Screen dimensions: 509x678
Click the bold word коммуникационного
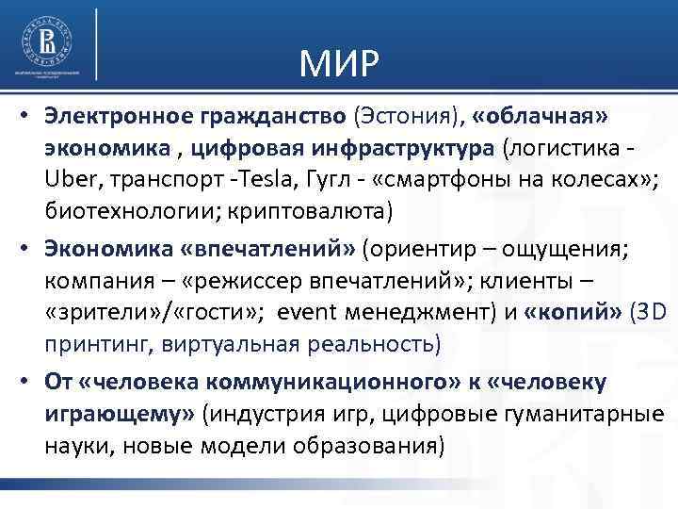tap(315, 382)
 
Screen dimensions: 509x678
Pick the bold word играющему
tap(114, 413)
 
